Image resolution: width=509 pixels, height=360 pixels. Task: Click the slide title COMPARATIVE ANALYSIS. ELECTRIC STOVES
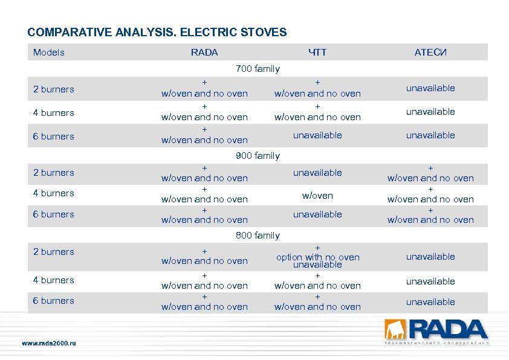point(157,32)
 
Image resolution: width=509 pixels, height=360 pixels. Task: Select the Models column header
point(49,53)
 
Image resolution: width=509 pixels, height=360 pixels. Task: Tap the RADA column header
point(204,53)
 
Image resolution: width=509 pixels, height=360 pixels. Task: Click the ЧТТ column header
point(317,53)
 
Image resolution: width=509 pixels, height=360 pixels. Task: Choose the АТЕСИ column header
point(430,53)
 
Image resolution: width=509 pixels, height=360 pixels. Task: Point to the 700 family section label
point(258,69)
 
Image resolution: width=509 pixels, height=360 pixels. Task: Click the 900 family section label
point(258,156)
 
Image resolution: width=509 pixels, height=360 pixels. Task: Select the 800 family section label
point(258,236)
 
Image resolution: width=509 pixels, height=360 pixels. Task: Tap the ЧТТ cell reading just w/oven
point(317,196)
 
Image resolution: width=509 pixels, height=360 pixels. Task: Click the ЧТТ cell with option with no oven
point(317,257)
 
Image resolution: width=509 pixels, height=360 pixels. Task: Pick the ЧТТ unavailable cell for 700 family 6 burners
point(317,135)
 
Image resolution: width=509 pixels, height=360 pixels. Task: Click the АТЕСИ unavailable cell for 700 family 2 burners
point(430,88)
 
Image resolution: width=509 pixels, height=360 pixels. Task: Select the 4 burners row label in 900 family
point(54,193)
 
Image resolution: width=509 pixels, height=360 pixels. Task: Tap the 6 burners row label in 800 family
point(54,301)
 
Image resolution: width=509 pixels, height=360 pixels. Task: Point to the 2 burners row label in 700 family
point(54,89)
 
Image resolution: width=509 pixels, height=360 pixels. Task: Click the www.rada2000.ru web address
point(49,344)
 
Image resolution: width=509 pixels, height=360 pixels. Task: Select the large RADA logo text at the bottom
point(448,329)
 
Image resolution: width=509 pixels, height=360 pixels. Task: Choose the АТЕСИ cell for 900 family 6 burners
point(430,215)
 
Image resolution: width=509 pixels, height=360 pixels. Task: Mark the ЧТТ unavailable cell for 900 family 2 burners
point(317,173)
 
